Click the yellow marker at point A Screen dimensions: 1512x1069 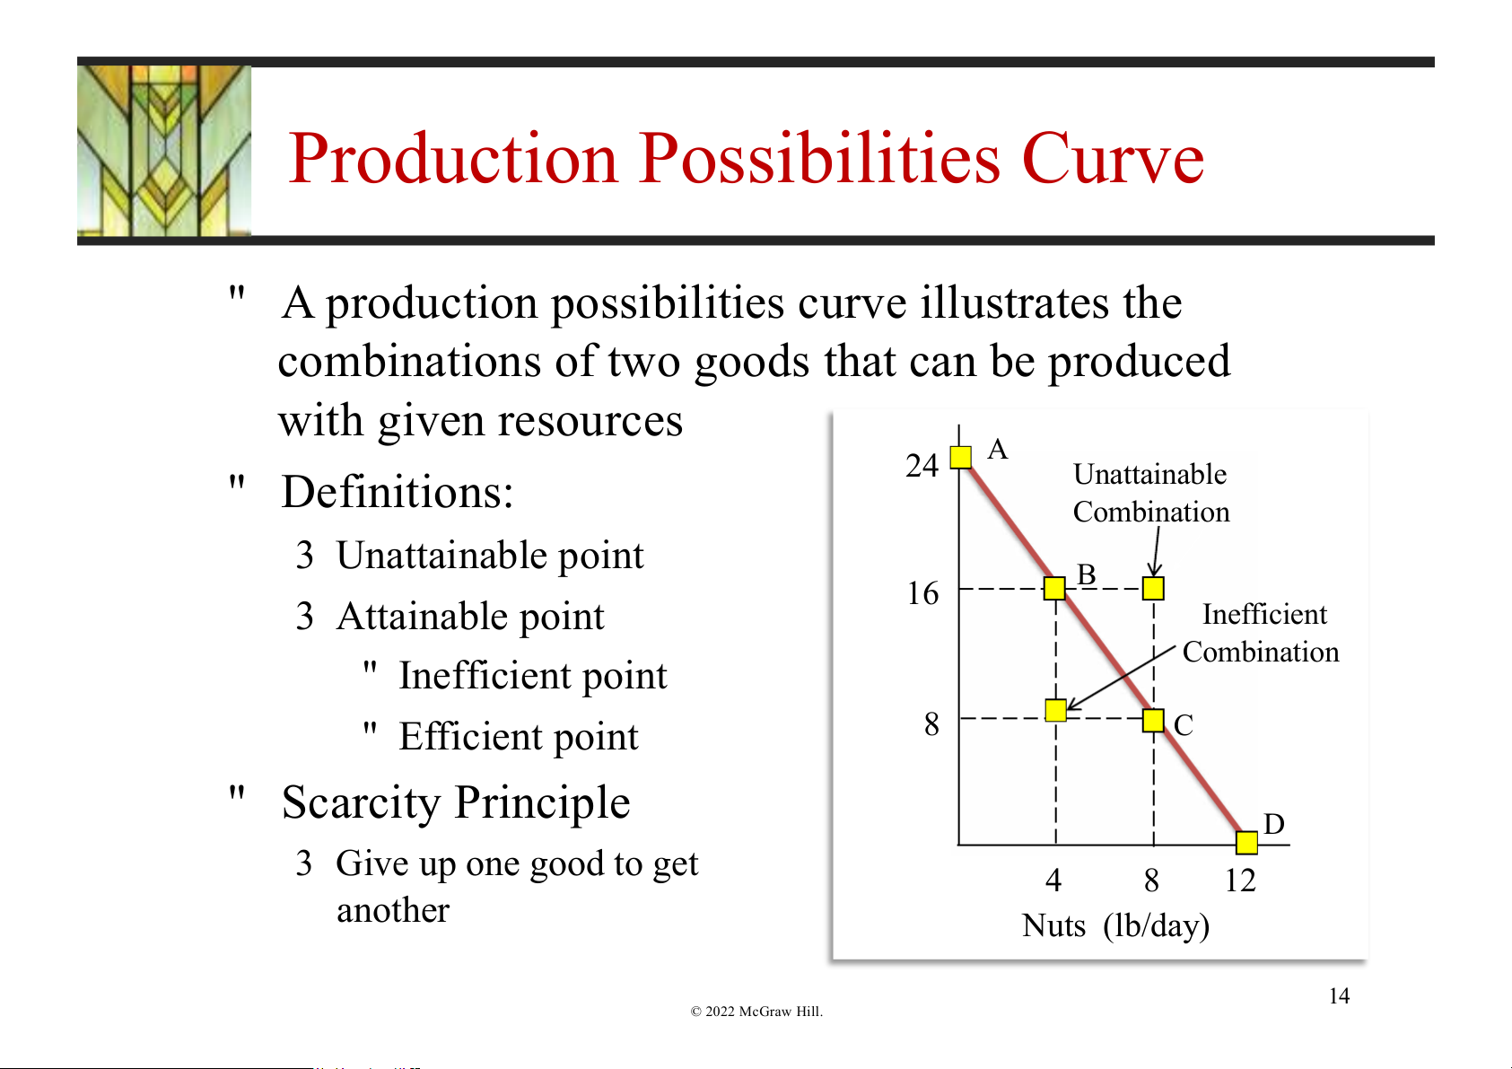point(960,457)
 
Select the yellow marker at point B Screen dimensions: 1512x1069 point(1054,588)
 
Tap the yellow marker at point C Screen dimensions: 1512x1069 point(1154,721)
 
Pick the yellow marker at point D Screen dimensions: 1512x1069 point(1246,842)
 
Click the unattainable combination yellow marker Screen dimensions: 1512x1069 point(1154,588)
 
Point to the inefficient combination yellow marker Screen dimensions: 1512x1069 point(1055,710)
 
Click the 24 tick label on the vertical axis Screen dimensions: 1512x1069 point(922,466)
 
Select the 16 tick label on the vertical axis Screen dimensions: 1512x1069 point(922,593)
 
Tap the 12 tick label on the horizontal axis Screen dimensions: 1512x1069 point(1241,881)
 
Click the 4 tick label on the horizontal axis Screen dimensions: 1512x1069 point(1053,881)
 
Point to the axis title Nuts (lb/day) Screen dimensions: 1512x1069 point(1115,926)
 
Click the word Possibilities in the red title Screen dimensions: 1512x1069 point(819,159)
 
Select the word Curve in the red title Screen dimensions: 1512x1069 point(1113,160)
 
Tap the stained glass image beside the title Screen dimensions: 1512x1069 point(164,151)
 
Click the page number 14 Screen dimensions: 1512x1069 point(1339,996)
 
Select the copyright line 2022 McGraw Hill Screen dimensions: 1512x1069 point(756,1012)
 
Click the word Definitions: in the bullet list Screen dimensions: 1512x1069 point(398,492)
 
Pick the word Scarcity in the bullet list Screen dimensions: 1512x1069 point(361,803)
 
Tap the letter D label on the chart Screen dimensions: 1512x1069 point(1273,824)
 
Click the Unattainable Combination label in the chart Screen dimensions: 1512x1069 point(1151,493)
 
